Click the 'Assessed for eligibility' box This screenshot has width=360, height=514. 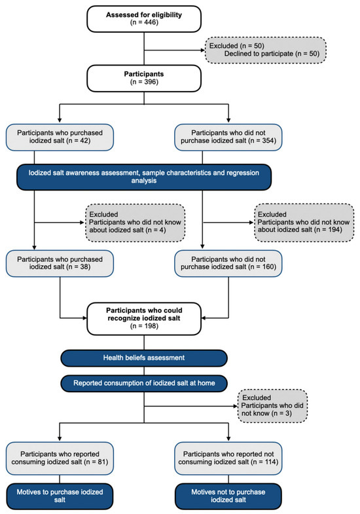coord(144,19)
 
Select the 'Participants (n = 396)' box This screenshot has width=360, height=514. coord(144,78)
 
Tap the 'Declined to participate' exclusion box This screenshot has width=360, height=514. coord(266,50)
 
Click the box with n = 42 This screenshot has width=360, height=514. coord(60,137)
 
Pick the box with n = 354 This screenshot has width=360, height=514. coord(228,137)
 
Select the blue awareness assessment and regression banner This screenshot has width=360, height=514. coord(144,177)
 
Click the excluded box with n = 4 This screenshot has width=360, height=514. coord(135,223)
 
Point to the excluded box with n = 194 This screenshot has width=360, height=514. coord(304,223)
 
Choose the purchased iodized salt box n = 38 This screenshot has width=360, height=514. coord(60,263)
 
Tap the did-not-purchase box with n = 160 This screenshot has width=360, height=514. coord(228,263)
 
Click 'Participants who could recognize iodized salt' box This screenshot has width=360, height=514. coord(144,318)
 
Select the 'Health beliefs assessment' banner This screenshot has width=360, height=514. coord(144,358)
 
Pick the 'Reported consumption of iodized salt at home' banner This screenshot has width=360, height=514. coord(144,383)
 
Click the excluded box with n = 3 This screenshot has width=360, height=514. coord(272,406)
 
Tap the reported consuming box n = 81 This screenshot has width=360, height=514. coord(60,458)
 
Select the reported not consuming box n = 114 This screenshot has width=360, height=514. coord(228,458)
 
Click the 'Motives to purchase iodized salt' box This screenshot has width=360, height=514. coord(60,496)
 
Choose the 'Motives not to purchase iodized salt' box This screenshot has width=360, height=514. coord(228,496)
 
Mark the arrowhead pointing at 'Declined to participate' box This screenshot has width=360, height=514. coord(203,50)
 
